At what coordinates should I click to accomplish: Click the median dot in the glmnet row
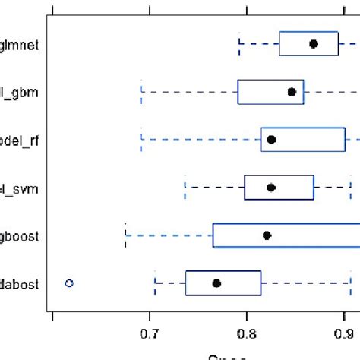(314, 44)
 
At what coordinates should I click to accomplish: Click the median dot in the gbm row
(292, 92)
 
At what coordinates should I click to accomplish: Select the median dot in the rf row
(271, 140)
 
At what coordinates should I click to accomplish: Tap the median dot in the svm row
(271, 187)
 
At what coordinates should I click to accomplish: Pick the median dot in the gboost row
(267, 235)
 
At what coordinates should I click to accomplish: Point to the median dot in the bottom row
(216, 283)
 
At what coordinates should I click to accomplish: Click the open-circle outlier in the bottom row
(69, 283)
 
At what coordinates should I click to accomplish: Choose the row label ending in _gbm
(20, 92)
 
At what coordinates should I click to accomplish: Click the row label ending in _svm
(20, 188)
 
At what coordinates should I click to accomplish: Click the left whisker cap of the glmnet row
(239, 44)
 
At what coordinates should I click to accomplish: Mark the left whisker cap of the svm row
(185, 187)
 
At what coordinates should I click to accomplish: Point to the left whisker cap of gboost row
(125, 235)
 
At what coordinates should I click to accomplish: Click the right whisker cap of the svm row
(350, 187)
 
